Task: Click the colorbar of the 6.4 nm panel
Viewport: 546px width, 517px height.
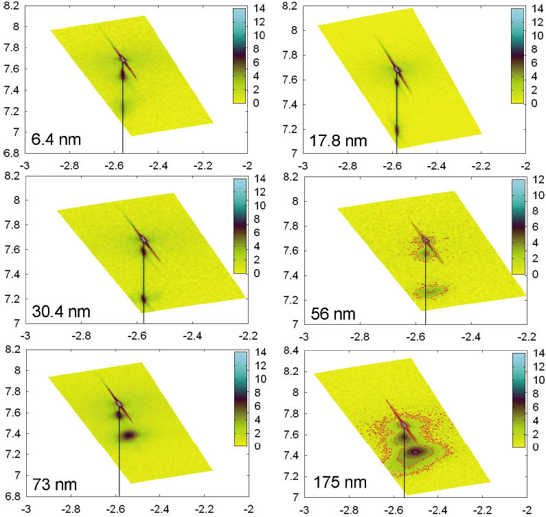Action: (x=239, y=55)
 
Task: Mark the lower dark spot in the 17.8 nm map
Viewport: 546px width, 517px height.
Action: (x=397, y=128)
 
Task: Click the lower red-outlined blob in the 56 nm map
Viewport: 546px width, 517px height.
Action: (x=429, y=291)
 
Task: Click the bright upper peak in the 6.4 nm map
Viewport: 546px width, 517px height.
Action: (x=123, y=59)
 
